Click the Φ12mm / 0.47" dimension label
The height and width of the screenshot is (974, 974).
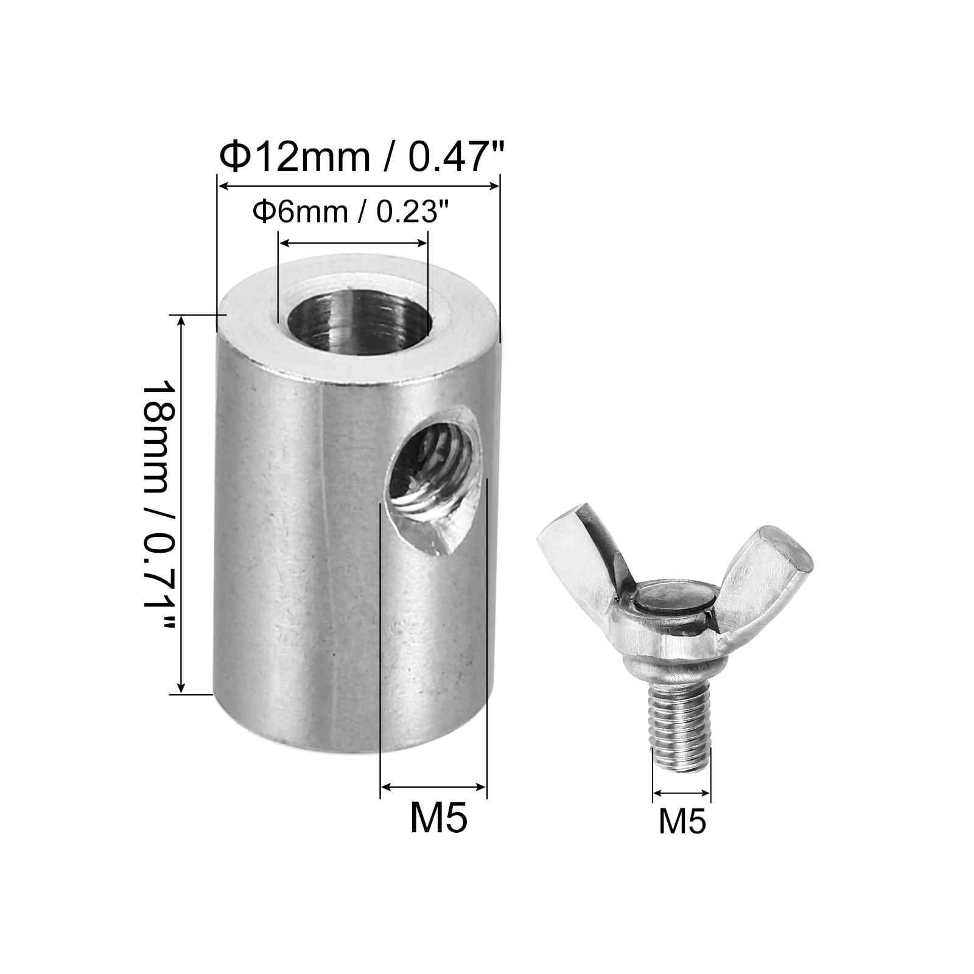(363, 158)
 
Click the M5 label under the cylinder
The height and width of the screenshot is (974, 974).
(438, 818)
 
